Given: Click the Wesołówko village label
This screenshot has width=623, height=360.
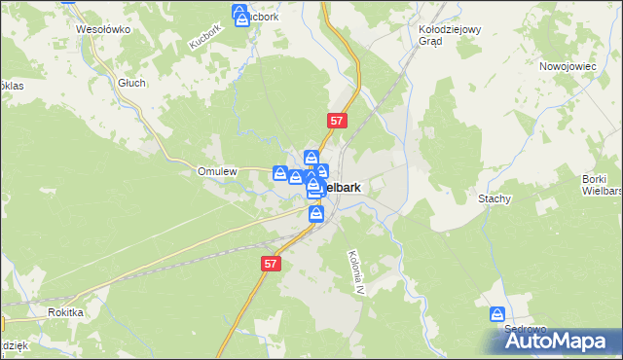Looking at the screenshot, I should tap(103, 29).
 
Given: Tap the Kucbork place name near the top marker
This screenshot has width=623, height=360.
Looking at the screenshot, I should tap(261, 17).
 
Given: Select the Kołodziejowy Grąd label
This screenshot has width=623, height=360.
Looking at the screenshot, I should tap(450, 35).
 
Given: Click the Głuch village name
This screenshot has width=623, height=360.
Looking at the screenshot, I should tap(131, 83).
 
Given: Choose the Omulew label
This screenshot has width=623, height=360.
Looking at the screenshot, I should tap(217, 171).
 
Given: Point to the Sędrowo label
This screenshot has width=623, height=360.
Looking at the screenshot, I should tap(525, 329).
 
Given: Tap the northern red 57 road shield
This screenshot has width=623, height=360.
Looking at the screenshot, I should tap(336, 121).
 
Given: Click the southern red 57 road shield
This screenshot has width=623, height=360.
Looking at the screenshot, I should tap(271, 264).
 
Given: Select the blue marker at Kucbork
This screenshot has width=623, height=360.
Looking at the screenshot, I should tap(240, 14).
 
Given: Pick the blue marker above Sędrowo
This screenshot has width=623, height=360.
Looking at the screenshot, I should tap(497, 315).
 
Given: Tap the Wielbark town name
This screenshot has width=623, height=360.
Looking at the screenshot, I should tap(343, 186).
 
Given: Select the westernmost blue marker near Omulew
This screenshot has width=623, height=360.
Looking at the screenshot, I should tap(279, 173).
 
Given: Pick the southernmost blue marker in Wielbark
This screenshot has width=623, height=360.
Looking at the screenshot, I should tap(316, 212).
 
